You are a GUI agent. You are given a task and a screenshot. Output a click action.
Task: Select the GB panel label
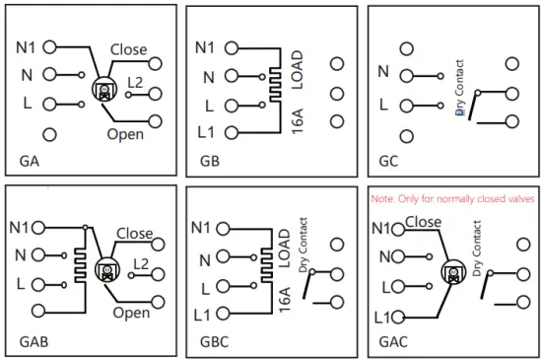tap(210, 159)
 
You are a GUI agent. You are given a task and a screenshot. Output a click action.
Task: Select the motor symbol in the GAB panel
tap(105, 270)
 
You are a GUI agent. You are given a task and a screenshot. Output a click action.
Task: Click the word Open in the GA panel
tap(126, 134)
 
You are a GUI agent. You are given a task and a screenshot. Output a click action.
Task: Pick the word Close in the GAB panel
tap(134, 234)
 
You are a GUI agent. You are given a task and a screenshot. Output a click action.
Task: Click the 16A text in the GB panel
tap(298, 126)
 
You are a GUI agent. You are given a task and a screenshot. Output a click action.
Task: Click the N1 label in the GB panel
tap(205, 46)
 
